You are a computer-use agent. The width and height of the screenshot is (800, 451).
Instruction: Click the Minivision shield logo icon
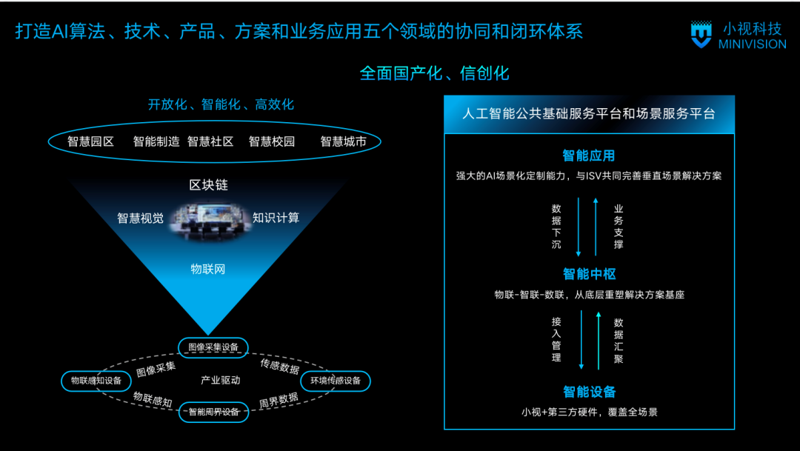[x=700, y=35]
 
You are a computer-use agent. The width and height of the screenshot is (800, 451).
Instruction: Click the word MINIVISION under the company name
[x=752, y=44]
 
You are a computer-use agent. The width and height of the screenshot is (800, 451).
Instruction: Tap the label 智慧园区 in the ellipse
[x=90, y=141]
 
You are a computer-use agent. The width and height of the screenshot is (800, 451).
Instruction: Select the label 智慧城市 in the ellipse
[x=343, y=141]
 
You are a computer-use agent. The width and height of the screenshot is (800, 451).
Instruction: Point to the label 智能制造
[x=156, y=141]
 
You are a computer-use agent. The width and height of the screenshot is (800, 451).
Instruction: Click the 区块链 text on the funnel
[x=209, y=185]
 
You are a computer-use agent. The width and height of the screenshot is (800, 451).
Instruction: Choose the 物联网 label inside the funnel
[x=208, y=269]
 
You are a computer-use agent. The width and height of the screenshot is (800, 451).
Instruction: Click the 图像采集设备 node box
[x=213, y=347]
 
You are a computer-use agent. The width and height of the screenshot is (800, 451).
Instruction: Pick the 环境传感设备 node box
[x=335, y=381]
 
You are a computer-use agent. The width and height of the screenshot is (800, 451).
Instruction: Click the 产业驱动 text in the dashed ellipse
[x=221, y=381]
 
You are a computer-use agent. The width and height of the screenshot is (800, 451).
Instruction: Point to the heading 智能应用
[x=589, y=156]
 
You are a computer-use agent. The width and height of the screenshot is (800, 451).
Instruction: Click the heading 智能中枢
[x=589, y=274]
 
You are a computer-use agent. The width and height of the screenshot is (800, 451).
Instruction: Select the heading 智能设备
[x=589, y=392]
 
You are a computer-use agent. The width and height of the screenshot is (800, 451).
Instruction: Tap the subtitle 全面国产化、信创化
[x=435, y=73]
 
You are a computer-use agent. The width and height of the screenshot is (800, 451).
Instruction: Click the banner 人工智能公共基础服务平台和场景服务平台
[x=589, y=114]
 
